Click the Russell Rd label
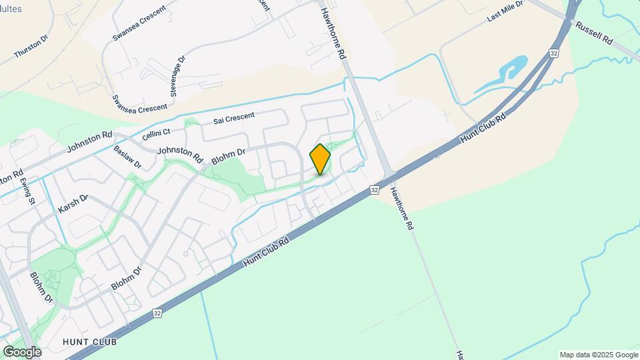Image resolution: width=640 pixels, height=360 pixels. (593, 31)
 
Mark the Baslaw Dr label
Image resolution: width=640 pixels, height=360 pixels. (127, 157)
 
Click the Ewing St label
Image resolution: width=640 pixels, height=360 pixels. (27, 191)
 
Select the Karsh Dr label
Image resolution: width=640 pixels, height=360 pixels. (73, 203)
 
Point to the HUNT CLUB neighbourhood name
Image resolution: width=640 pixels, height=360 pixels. (89, 342)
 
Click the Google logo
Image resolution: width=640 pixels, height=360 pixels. (22, 351)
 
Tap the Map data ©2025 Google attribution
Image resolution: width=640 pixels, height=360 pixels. (599, 355)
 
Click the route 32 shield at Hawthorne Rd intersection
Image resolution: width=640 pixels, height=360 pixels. (375, 190)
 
